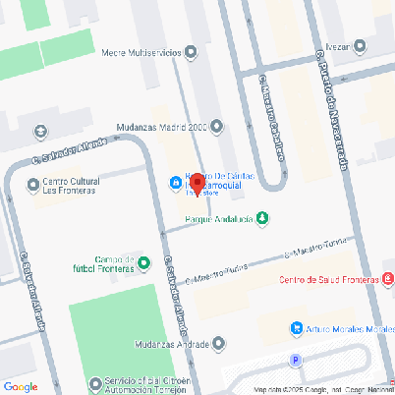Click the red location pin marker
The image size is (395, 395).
pyautogui.click(x=196, y=184)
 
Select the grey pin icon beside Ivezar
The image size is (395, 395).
pyautogui.click(x=361, y=44)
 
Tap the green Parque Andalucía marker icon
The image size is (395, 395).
pyautogui.click(x=261, y=218)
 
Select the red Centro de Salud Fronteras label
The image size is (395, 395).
pyautogui.click(x=329, y=280)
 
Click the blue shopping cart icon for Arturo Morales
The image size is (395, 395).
pyautogui.click(x=296, y=328)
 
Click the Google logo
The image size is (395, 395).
pyautogui.click(x=20, y=386)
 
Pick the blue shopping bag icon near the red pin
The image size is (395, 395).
pyautogui.click(x=175, y=184)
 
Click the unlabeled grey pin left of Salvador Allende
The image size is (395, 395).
pyautogui.click(x=40, y=131)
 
